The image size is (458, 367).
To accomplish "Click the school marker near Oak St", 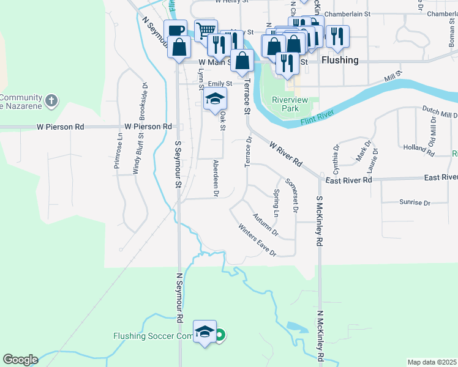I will click(x=215, y=99).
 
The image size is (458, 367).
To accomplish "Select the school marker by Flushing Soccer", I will click(x=205, y=332).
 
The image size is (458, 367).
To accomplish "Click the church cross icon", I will click(x=52, y=100).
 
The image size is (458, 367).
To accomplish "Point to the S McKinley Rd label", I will click(x=319, y=221).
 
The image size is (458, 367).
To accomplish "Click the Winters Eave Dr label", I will click(x=257, y=239).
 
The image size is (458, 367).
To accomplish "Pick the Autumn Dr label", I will click(x=265, y=225).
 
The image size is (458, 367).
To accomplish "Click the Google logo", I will click(x=20, y=360).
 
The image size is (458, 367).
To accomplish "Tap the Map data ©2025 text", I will click(x=431, y=362).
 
